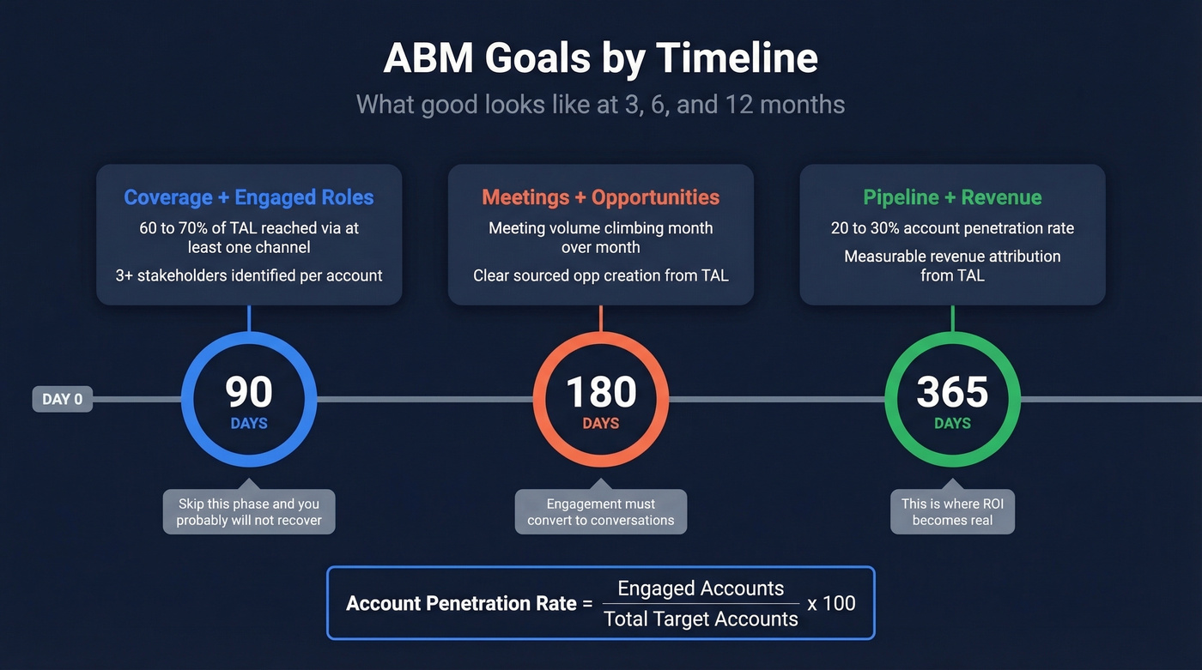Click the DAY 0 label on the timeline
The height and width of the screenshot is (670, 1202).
coord(63,399)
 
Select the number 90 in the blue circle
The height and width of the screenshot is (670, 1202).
coord(249,392)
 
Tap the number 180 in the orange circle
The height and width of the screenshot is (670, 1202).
coord(601,392)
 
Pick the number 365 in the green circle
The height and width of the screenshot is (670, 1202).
coord(952,392)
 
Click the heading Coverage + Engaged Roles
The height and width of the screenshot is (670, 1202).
coord(249,197)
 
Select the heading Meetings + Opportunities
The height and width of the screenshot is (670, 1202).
coord(601,197)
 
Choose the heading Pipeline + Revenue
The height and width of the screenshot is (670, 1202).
coord(952,197)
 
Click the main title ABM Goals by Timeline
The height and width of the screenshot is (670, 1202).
coord(601,58)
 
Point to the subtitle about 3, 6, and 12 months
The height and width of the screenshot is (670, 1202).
coord(601,105)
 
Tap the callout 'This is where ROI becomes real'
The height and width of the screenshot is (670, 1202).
coord(952,511)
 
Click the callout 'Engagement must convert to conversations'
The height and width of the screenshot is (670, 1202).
coord(601,511)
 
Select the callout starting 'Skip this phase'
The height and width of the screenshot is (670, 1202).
coord(249,511)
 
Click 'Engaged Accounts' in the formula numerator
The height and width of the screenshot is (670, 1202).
coord(701,589)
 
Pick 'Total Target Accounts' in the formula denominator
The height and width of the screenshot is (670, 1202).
coord(701,619)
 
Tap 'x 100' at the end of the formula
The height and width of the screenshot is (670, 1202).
coord(832,603)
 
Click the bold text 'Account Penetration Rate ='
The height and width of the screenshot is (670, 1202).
coord(469,603)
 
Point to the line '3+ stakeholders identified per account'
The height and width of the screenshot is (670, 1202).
coord(249,275)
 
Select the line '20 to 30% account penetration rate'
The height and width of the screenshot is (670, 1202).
coord(952,228)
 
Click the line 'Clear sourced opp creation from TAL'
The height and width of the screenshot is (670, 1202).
coord(601,275)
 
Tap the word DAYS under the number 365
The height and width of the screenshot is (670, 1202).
coord(952,423)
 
